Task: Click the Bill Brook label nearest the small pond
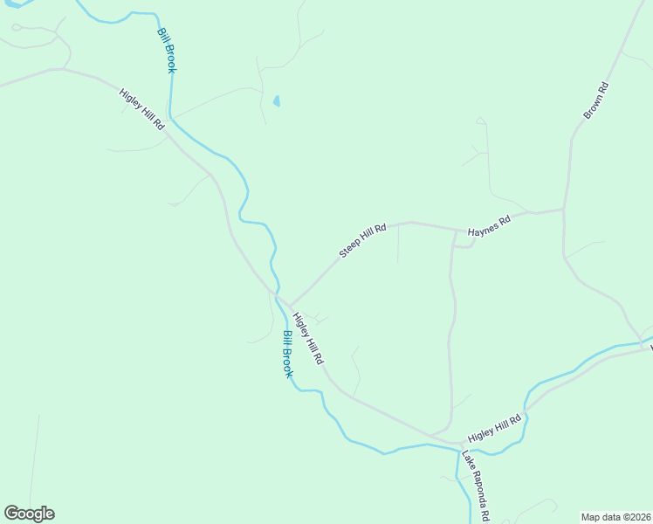167,51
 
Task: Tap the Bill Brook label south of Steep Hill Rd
288,354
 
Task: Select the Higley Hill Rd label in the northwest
142,109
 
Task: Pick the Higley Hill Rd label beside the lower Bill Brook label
308,338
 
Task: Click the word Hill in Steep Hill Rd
370,233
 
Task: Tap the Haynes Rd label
488,226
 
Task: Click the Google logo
29,514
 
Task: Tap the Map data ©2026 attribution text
616,516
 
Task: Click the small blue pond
277,101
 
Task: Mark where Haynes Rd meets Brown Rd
563,209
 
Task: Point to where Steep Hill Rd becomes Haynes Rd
456,231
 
